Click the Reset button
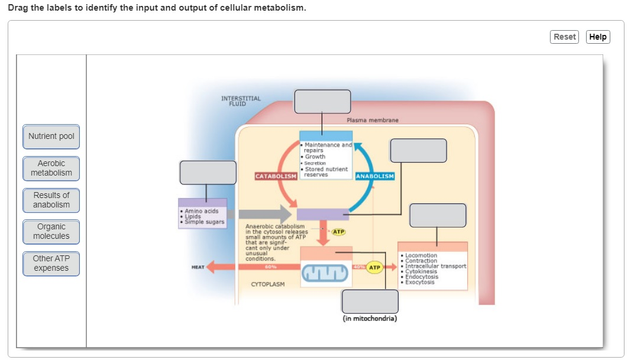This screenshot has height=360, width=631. pyautogui.click(x=564, y=37)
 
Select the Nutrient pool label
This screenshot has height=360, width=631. pyautogui.click(x=51, y=137)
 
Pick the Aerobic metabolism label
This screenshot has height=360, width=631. pyautogui.click(x=51, y=168)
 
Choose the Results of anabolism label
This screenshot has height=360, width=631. pyautogui.click(x=51, y=200)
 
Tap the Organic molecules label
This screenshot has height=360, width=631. pyautogui.click(x=51, y=231)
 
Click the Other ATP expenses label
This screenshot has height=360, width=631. pyautogui.click(x=51, y=263)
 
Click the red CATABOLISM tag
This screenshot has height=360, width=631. pyautogui.click(x=276, y=176)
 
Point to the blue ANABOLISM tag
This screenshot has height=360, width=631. pyautogui.click(x=375, y=176)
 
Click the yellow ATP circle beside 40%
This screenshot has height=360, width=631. pyautogui.click(x=375, y=267)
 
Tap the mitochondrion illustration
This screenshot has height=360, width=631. pyautogui.click(x=325, y=273)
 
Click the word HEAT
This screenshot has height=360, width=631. pyautogui.click(x=198, y=267)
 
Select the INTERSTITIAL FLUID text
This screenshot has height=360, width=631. pyautogui.click(x=241, y=101)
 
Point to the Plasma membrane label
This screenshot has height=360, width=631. pyautogui.click(x=373, y=120)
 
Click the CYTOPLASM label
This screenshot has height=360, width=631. pyautogui.click(x=268, y=284)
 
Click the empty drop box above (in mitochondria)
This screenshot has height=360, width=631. pyautogui.click(x=370, y=301)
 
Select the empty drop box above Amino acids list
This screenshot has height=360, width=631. pyautogui.click(x=208, y=173)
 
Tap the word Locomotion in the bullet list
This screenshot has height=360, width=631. pyautogui.click(x=421, y=255)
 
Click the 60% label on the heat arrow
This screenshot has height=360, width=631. pyautogui.click(x=270, y=267)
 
